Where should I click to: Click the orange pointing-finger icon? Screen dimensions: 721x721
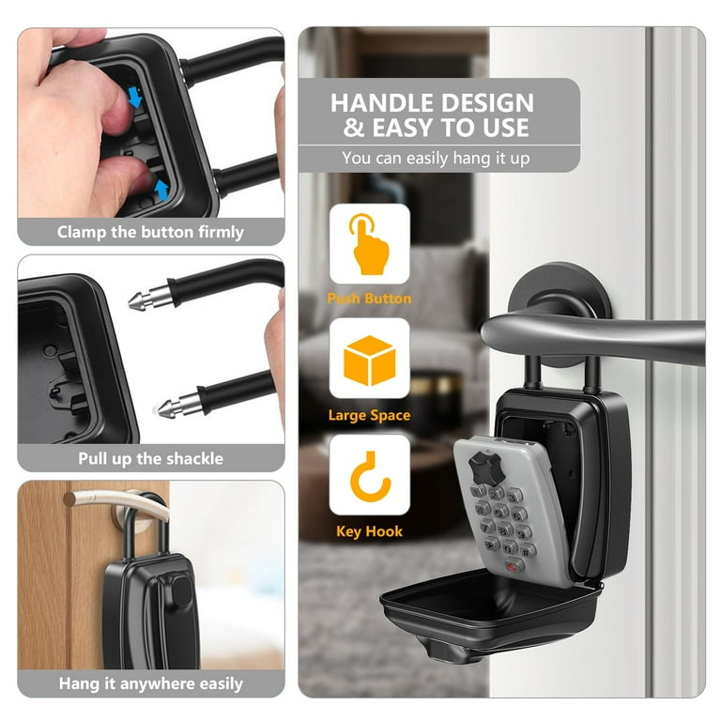369,244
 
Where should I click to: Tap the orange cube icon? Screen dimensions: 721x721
370,360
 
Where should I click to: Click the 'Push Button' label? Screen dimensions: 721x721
369,299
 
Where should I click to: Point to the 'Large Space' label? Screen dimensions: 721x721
369,415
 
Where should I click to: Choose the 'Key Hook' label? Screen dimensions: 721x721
369,531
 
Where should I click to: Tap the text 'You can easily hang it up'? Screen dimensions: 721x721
436,158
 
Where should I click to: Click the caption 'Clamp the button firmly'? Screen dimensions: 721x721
150,232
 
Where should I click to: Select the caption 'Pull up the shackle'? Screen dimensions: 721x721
150,458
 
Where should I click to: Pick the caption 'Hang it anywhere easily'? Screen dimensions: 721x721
151,683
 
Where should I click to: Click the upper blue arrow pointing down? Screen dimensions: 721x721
135,97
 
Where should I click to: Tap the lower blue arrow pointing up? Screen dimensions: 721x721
161,190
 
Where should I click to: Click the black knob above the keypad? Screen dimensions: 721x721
485,468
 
